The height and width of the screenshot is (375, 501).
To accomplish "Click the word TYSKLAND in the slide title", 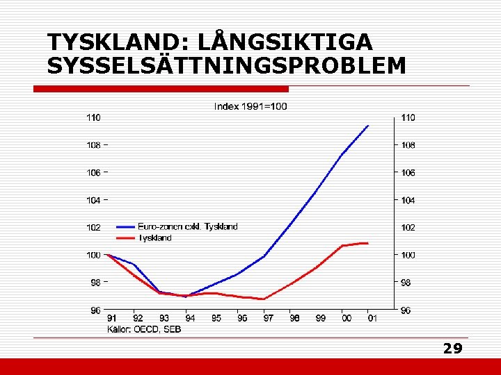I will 111,42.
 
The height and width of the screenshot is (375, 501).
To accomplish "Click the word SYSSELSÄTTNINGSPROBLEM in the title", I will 226,66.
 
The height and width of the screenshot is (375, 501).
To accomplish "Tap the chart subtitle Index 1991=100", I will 250,106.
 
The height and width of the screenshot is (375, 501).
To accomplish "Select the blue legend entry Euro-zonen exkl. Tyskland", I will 187,226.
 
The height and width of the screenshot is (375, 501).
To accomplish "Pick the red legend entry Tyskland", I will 154,237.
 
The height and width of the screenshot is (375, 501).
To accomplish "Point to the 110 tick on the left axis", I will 93,118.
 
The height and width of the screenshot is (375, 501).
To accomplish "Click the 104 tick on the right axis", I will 408,200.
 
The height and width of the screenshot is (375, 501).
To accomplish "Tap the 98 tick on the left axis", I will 95,283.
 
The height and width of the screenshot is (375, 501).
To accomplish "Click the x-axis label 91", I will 112,318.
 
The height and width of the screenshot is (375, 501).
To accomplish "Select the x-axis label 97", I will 268,318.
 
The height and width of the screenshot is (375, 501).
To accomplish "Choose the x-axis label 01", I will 372,318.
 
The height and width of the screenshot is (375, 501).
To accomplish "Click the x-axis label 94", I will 190,318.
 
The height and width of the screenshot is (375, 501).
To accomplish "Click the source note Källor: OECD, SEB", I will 143,328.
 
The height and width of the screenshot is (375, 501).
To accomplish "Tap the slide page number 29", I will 452,349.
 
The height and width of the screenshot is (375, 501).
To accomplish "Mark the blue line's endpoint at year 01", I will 368,126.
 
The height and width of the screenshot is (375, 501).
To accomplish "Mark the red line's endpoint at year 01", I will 367,243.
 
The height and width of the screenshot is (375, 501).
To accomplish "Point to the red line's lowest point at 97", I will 264,299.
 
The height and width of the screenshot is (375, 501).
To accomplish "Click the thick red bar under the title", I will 161,89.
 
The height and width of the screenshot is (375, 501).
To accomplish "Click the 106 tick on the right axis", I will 408,172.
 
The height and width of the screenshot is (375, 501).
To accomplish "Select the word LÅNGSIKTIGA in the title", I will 285,42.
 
